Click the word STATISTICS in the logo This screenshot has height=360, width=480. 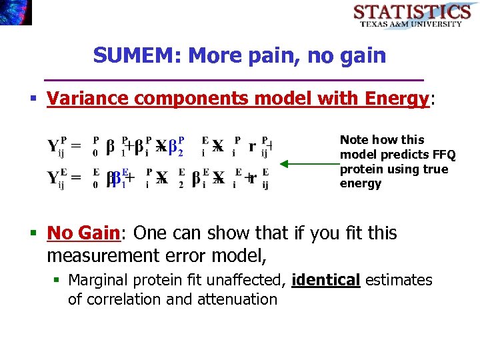[411, 11]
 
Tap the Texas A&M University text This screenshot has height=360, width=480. [411, 24]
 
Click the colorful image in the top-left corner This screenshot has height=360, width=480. [15, 12]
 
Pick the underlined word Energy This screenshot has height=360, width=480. [397, 99]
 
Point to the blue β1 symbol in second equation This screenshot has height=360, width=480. [118, 179]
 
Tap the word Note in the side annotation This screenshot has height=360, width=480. [354, 140]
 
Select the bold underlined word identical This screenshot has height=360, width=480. [327, 280]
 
